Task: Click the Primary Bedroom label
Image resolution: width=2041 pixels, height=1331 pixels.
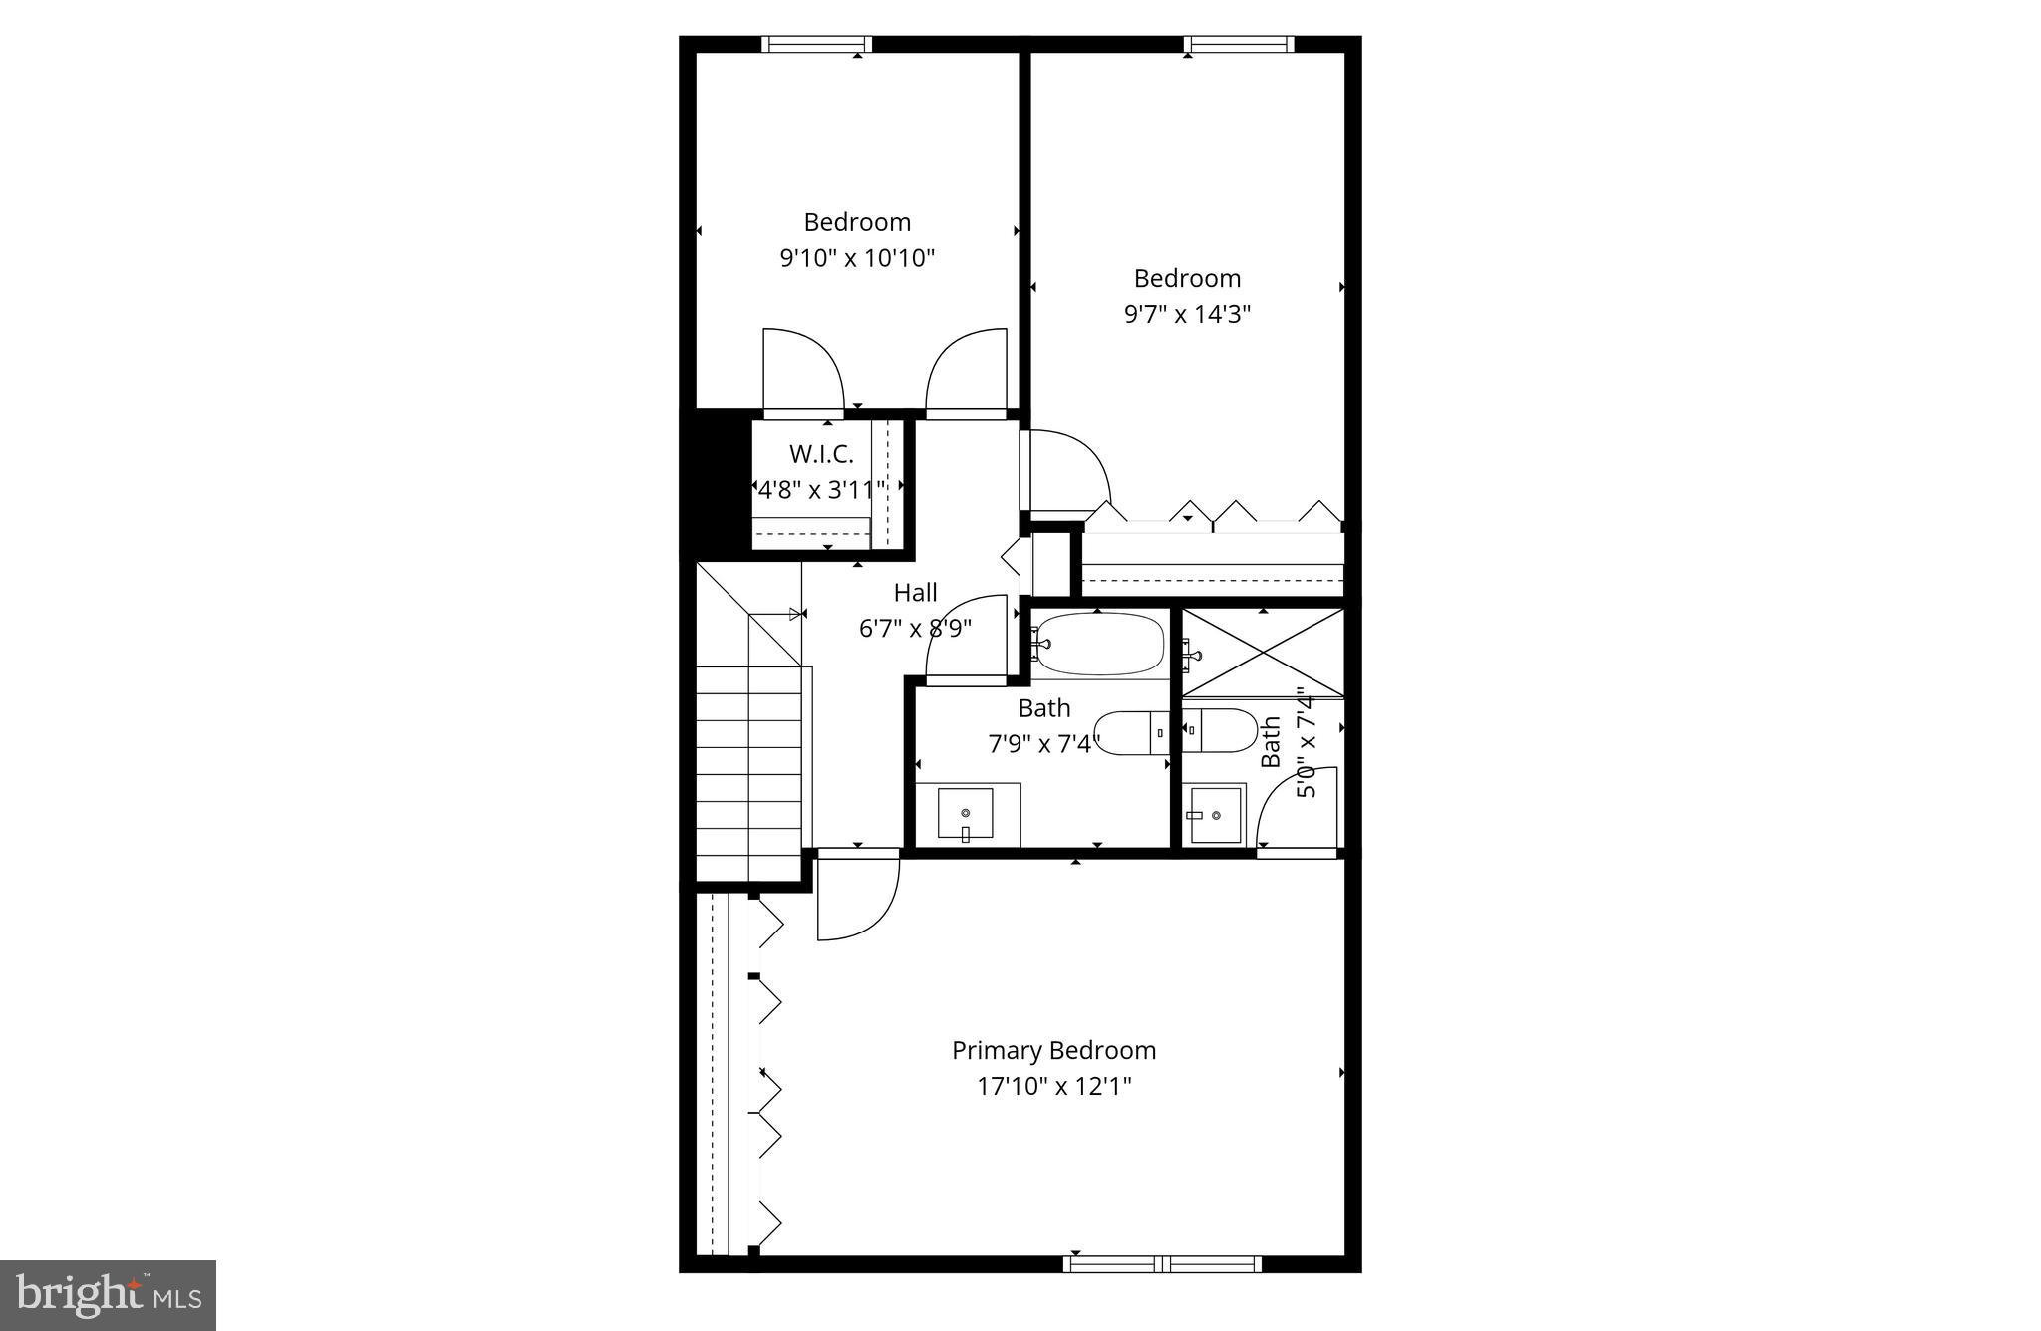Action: click(1053, 1050)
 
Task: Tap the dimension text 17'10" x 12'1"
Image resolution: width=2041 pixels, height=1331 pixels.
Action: click(1053, 1086)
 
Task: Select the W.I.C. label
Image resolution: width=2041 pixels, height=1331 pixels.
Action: click(821, 454)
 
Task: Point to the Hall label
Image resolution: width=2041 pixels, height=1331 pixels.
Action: click(915, 593)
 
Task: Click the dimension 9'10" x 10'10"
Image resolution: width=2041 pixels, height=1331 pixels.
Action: click(857, 258)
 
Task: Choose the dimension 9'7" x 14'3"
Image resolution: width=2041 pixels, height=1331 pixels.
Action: click(1187, 314)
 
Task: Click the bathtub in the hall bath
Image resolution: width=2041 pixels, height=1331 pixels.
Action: click(1098, 644)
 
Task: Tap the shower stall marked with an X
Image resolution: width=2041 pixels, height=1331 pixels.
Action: click(1263, 653)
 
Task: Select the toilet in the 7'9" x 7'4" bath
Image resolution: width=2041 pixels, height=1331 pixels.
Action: click(1132, 733)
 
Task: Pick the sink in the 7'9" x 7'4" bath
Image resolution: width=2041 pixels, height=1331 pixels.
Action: click(965, 814)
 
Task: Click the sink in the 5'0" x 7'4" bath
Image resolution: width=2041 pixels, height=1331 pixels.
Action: click(1215, 815)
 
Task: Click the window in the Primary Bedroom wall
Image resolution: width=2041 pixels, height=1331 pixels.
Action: click(1162, 1264)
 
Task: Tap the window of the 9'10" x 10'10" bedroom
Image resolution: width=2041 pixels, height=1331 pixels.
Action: click(817, 44)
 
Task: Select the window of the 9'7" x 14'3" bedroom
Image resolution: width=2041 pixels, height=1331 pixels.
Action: click(1239, 44)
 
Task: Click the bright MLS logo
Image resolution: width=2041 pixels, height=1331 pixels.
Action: click(109, 1295)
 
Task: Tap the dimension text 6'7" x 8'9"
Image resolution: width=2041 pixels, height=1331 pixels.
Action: click(915, 629)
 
